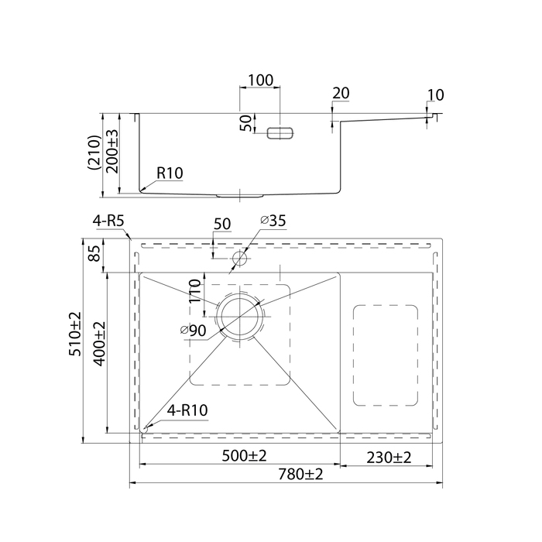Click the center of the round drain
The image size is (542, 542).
[240, 316]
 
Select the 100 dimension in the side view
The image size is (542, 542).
[260, 80]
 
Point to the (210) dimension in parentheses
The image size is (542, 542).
[93, 153]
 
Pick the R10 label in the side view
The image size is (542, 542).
[169, 173]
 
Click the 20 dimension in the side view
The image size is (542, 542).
[341, 93]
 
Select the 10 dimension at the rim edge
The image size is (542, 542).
[434, 96]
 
